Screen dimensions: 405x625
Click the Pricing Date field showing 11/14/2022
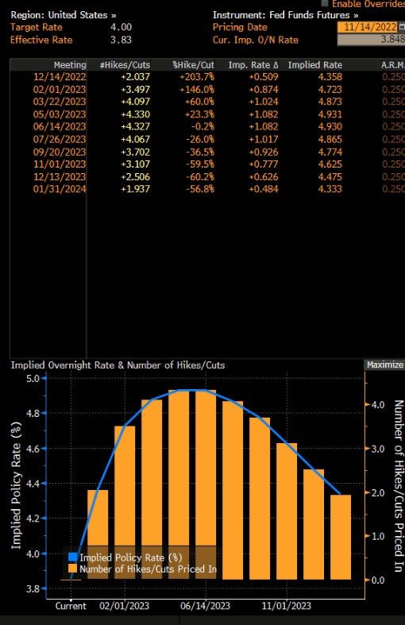pos(367,27)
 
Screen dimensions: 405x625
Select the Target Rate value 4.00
pos(121,27)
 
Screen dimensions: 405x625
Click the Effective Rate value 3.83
pos(121,40)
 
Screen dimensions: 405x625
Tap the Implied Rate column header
pos(315,65)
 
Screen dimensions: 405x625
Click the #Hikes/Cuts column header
pos(125,65)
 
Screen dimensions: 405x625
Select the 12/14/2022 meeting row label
pos(60,77)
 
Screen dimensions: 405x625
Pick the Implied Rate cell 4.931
pos(330,114)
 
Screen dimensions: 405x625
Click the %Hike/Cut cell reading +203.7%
pos(196,77)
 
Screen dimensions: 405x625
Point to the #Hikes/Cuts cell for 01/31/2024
pos(135,189)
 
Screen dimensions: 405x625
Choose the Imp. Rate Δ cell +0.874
pos(264,90)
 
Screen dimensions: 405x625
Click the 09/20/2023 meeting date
pos(60,152)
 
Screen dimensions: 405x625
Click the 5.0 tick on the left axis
pos(33,378)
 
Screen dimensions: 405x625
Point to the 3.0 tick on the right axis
pos(378,449)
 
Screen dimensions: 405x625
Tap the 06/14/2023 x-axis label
pos(205,606)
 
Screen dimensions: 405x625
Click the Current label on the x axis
pos(71,606)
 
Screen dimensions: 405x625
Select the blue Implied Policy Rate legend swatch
pos(73,557)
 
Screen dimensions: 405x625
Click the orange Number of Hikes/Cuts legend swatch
pos(73,569)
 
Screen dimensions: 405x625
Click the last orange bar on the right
pos(341,537)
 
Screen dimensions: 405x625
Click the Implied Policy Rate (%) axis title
pos(16,485)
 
